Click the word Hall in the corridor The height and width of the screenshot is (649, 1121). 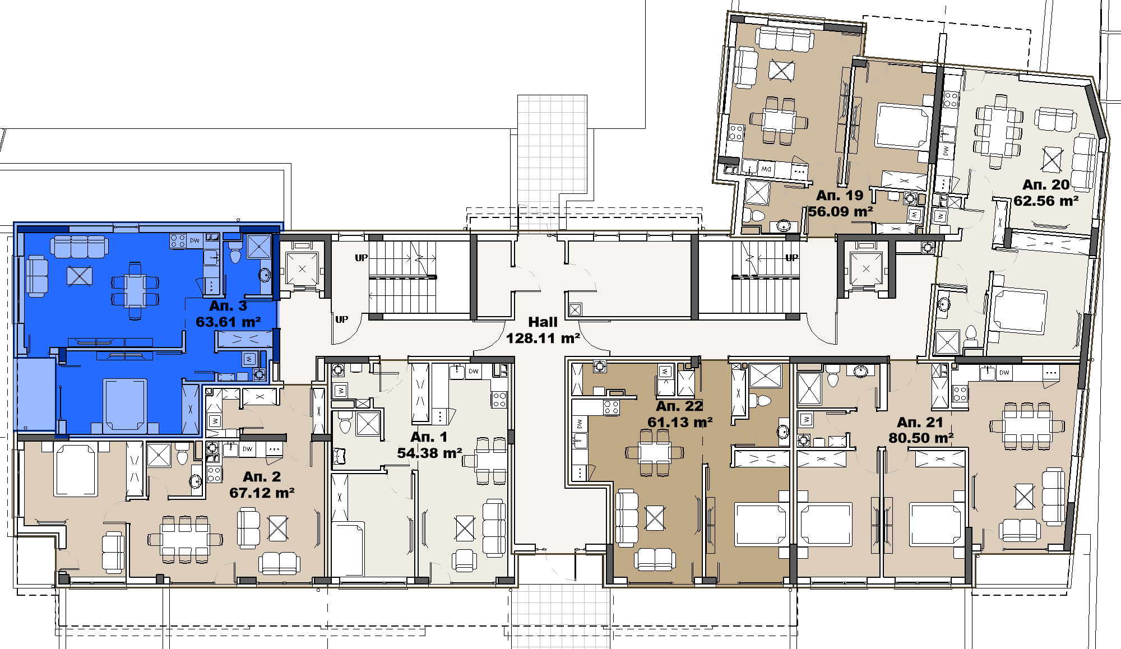pyautogui.click(x=543, y=322)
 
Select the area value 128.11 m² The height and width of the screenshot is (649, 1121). pyautogui.click(x=543, y=339)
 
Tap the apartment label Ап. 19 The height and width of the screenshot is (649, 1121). pyautogui.click(x=839, y=196)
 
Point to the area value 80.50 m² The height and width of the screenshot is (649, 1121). pyautogui.click(x=921, y=438)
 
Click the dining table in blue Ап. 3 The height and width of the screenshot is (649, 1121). pyautogui.click(x=135, y=290)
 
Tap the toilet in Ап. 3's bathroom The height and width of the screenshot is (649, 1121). pyautogui.click(x=235, y=255)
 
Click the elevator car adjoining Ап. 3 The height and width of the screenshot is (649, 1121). pyautogui.click(x=302, y=269)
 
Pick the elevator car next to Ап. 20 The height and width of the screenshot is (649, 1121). pyautogui.click(x=866, y=270)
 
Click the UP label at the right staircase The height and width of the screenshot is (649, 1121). pyautogui.click(x=791, y=258)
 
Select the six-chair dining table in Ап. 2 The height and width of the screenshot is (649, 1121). pyautogui.click(x=185, y=540)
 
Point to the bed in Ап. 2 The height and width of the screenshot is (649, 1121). pyautogui.click(x=76, y=470)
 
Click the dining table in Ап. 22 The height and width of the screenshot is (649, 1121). pyautogui.click(x=655, y=452)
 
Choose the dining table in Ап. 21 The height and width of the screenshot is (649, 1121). pyautogui.click(x=1027, y=425)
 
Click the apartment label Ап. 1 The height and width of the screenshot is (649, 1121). pyautogui.click(x=429, y=437)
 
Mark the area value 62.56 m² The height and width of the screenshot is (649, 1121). pyautogui.click(x=1046, y=201)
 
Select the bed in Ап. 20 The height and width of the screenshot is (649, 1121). pyautogui.click(x=1018, y=311)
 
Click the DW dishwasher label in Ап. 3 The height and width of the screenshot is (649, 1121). pyautogui.click(x=194, y=240)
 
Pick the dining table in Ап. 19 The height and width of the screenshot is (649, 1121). pyautogui.click(x=779, y=120)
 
